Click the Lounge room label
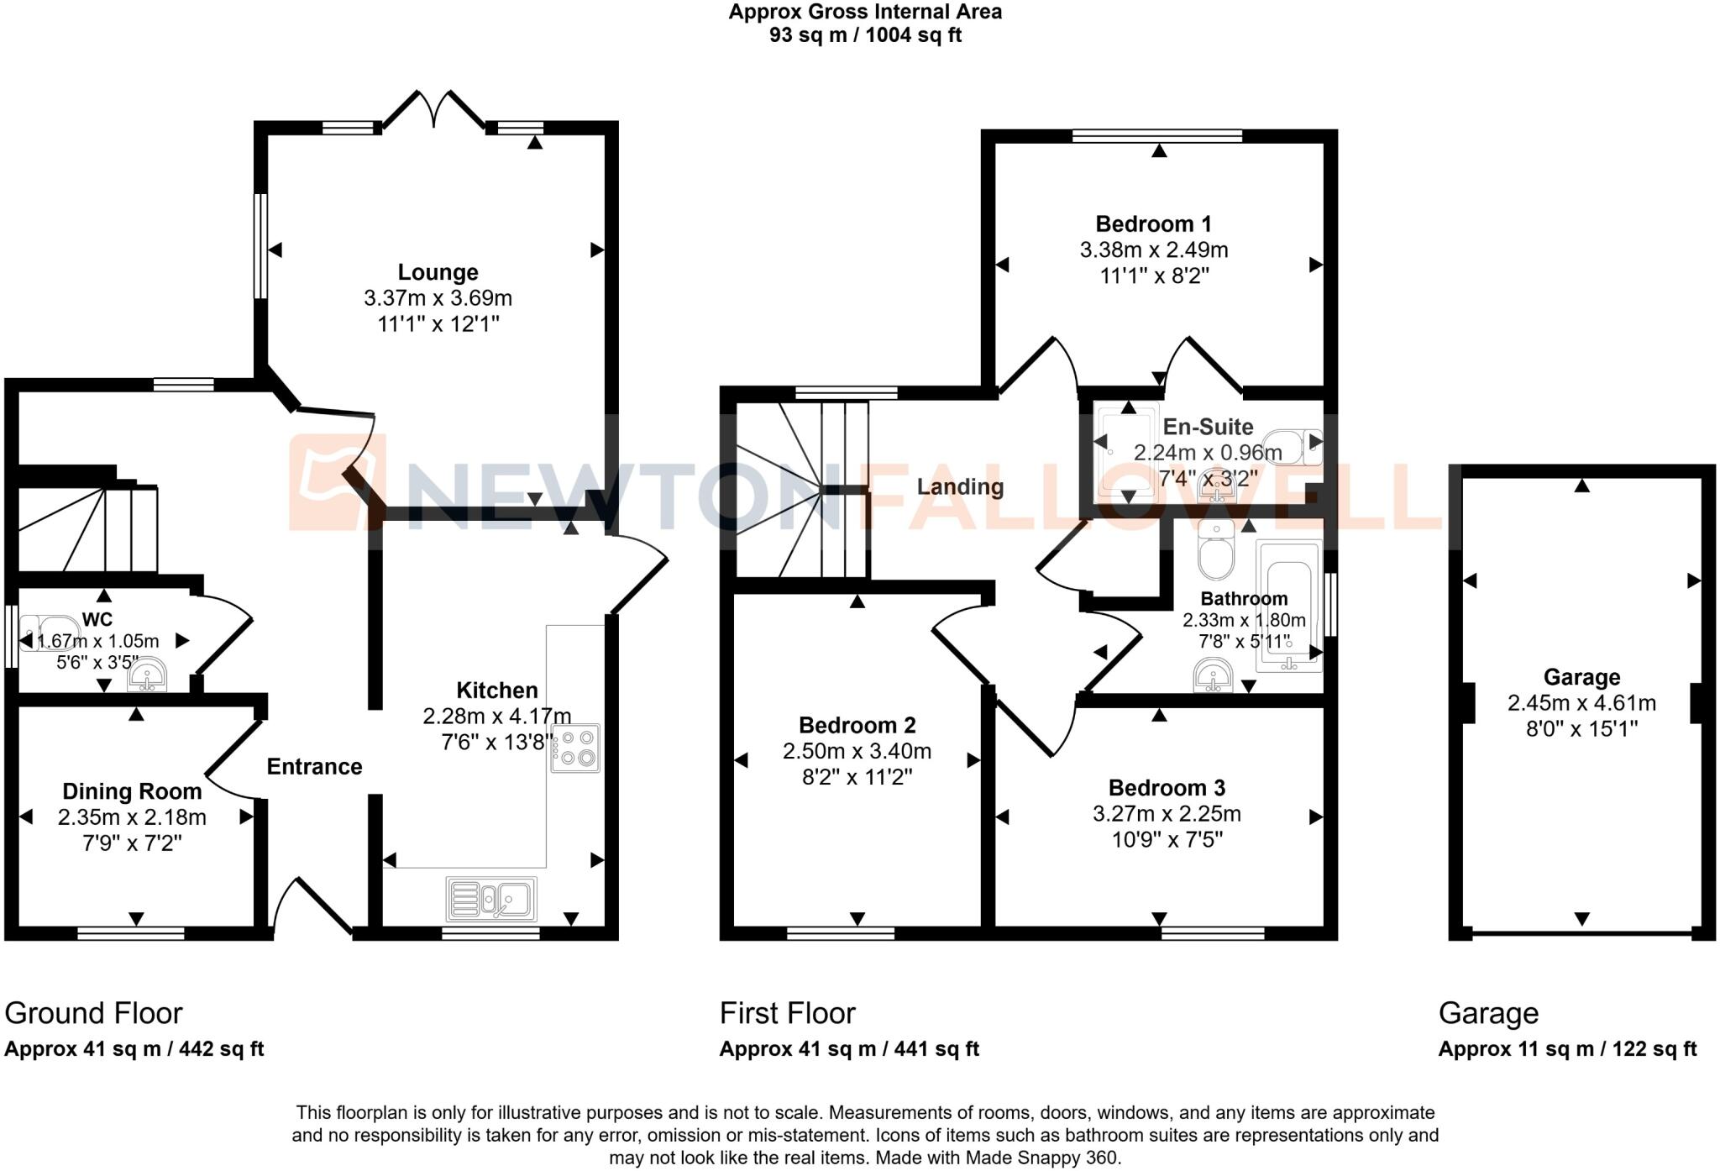point(438,272)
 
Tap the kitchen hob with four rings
point(576,748)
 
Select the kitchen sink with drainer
point(491,900)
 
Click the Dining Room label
point(132,791)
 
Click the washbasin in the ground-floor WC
point(148,676)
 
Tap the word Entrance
point(314,766)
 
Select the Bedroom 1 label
point(1153,224)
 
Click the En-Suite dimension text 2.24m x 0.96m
point(1207,453)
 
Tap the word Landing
point(960,486)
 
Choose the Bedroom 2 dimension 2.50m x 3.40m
point(857,751)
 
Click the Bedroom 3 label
point(1167,788)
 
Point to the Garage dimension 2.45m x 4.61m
point(1581,703)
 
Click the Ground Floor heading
point(93,1013)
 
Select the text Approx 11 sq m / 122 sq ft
point(1567,1049)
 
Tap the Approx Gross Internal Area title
point(865,13)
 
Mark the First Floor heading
point(787,1013)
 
